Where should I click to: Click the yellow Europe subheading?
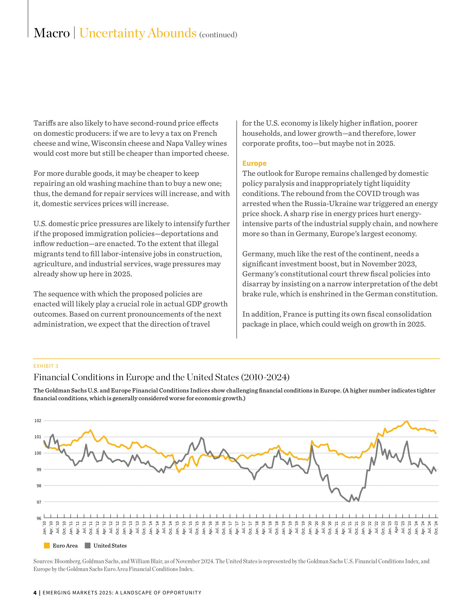(254, 163)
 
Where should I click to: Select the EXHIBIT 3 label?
(46, 366)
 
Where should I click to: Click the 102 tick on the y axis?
(38, 421)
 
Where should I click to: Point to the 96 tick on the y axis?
(39, 518)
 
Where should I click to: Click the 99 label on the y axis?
(39, 469)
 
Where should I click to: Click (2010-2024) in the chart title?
(265, 377)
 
